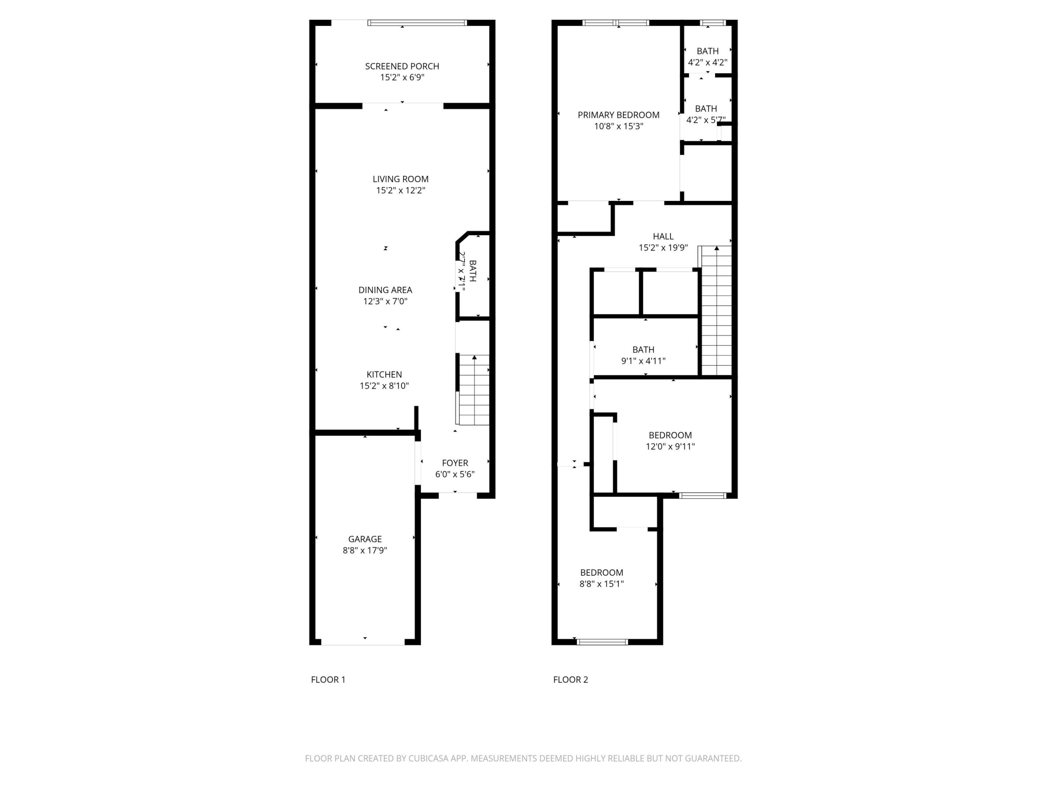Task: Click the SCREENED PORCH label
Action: click(402, 66)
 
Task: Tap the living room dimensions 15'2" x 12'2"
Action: click(400, 190)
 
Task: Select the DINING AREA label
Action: click(385, 290)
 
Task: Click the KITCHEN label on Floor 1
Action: click(384, 374)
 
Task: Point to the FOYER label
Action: click(454, 463)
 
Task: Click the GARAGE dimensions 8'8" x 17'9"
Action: click(365, 550)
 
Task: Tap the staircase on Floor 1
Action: click(473, 390)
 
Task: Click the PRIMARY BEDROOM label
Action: click(618, 115)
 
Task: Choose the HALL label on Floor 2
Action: click(663, 236)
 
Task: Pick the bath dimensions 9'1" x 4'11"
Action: click(643, 361)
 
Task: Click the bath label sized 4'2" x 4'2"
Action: click(707, 51)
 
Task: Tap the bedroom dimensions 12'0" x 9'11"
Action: click(670, 446)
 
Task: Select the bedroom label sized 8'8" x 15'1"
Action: click(601, 572)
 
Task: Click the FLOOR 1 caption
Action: click(328, 680)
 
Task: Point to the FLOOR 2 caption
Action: click(570, 680)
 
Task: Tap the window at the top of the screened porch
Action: click(417, 23)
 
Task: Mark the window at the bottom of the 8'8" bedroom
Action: click(602, 642)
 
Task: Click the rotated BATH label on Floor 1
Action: click(472, 271)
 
